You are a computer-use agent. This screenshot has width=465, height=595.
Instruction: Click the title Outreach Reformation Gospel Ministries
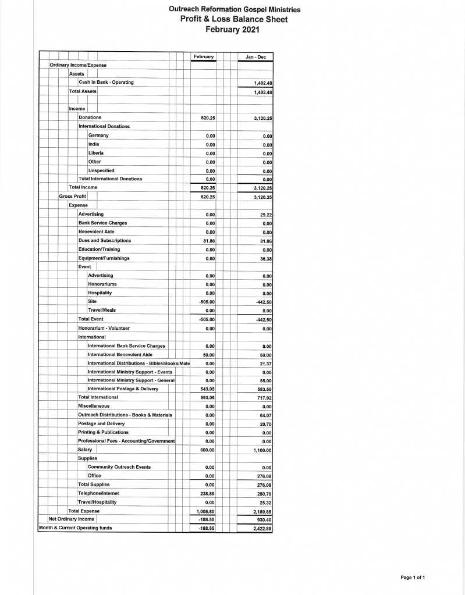click(234, 9)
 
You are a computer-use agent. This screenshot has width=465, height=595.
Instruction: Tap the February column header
click(203, 56)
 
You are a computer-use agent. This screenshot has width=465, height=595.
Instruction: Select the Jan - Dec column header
click(255, 56)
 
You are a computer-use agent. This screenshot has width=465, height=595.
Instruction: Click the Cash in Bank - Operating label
click(106, 83)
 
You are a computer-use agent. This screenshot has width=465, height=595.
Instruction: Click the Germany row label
click(98, 136)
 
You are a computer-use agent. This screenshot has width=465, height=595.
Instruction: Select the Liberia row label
click(96, 153)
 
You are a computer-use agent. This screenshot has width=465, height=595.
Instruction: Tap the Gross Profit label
click(73, 197)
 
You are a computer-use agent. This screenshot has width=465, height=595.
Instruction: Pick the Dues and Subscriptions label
click(105, 241)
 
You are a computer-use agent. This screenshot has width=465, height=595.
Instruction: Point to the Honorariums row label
click(102, 284)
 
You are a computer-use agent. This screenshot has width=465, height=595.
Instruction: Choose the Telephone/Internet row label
click(98, 493)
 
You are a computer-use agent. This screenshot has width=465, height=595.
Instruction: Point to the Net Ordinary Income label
click(72, 519)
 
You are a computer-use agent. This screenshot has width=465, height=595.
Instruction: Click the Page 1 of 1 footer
click(413, 577)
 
